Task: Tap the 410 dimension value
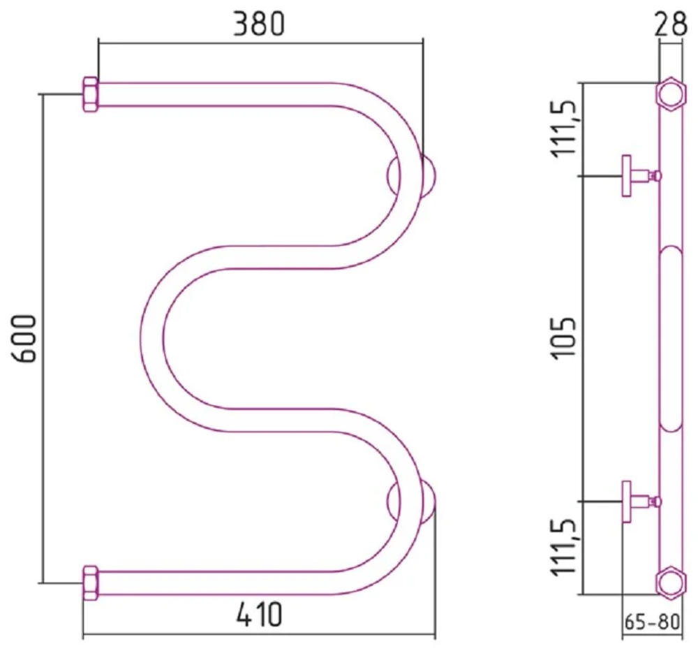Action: (259, 614)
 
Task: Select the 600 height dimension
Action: (23, 339)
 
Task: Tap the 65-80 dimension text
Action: (652, 622)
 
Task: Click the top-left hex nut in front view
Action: (90, 94)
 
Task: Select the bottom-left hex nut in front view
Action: (90, 583)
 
